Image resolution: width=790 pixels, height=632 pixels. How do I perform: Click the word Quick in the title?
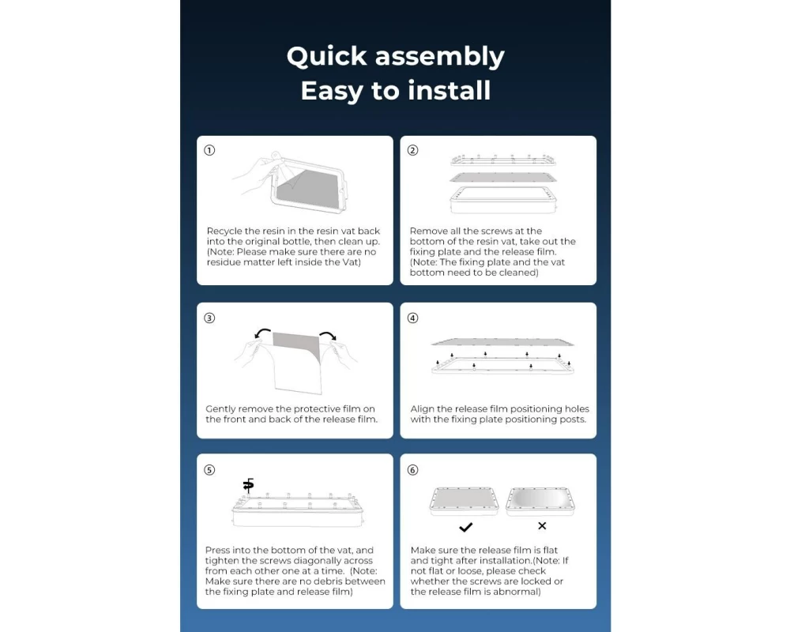pos(326,57)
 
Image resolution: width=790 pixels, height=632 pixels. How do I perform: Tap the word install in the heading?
pos(449,91)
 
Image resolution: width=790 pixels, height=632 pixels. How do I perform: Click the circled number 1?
pos(209,150)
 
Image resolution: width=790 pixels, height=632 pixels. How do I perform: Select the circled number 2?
pos(412,150)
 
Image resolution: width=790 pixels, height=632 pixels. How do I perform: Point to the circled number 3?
pos(209,318)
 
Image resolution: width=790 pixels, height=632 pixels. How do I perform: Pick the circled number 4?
pos(412,318)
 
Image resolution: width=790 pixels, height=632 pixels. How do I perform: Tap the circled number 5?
pos(209,470)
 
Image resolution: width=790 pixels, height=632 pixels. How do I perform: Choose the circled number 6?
pos(412,470)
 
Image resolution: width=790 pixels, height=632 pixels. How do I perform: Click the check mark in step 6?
pos(466,527)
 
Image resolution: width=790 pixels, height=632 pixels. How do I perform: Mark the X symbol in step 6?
pos(542,525)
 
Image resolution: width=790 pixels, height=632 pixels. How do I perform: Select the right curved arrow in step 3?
pos(329,335)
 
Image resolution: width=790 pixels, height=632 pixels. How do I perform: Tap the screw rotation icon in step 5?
pos(248,485)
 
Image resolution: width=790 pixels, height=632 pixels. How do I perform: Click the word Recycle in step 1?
pos(224,231)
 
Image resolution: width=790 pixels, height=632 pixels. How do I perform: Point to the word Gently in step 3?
pos(220,409)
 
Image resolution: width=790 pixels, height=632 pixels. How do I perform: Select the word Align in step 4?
pos(422,408)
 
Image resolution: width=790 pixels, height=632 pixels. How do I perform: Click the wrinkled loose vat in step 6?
pos(540,502)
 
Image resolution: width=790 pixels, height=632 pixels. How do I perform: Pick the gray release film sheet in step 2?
pos(502,177)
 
